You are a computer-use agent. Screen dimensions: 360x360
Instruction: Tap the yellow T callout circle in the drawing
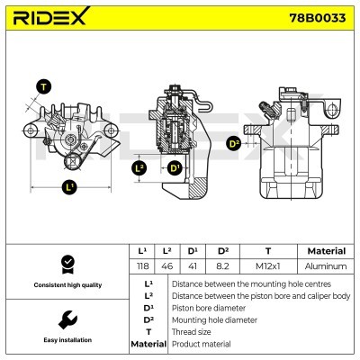[41, 86]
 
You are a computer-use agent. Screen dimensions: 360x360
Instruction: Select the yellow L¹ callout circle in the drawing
[71, 188]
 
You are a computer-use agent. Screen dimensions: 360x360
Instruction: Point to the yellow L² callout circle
[139, 168]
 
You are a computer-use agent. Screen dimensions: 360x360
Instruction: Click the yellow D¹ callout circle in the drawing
[174, 168]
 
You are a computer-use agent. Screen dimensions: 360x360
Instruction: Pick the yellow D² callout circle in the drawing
[234, 143]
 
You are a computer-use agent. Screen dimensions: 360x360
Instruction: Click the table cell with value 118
[141, 266]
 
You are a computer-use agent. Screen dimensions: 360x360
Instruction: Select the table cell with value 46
[166, 266]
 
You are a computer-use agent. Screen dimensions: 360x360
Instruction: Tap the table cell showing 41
[193, 266]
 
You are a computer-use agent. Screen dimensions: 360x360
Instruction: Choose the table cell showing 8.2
[222, 266]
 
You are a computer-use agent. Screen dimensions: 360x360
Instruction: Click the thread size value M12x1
[267, 266]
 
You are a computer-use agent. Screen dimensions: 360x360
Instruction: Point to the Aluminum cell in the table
[326, 266]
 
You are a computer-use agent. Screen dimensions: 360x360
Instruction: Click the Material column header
[326, 251]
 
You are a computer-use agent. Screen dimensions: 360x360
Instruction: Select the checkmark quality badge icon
[66, 264]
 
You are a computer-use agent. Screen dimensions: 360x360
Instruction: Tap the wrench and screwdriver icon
[66, 319]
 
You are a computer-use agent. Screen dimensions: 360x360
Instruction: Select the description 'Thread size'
[192, 331]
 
